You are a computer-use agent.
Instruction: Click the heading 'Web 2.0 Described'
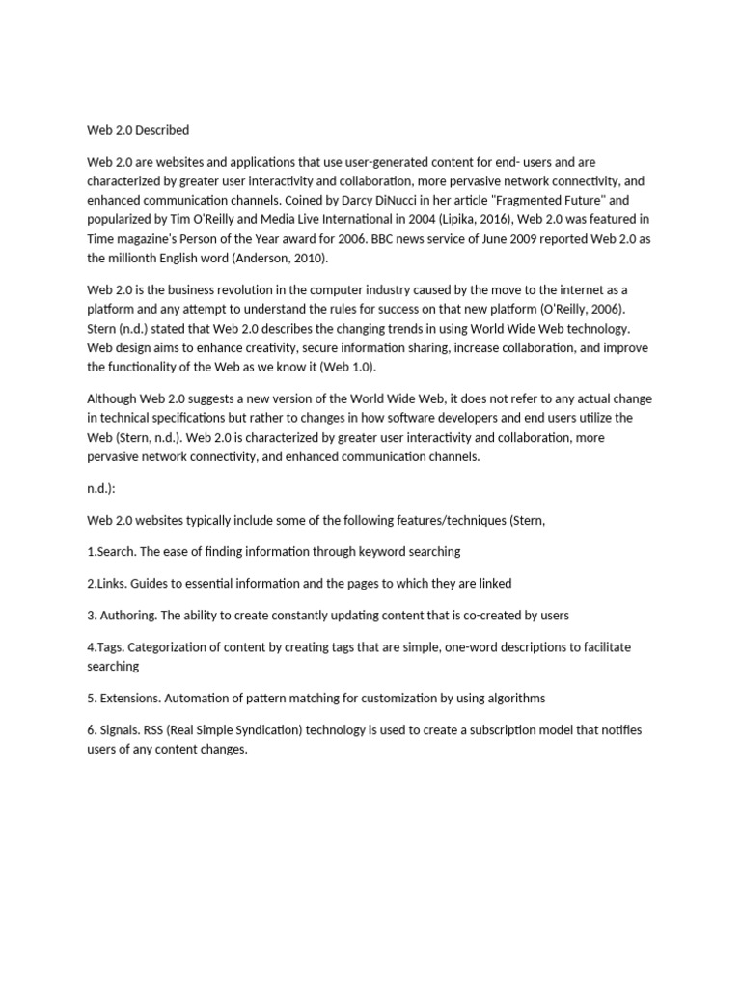(138, 130)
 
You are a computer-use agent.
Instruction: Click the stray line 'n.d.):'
(101, 488)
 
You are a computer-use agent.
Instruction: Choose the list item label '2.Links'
(108, 584)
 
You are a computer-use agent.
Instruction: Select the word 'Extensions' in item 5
(131, 699)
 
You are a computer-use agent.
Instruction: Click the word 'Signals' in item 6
(121, 730)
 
